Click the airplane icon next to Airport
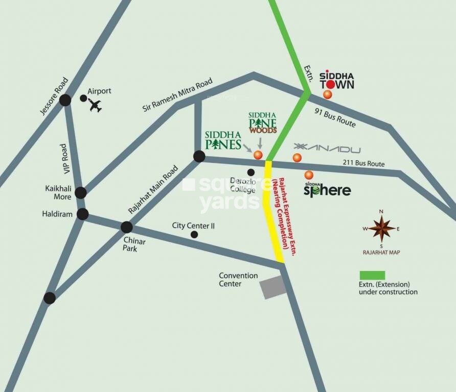point(95,106)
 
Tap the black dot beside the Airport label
point(83,98)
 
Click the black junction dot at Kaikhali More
point(80,192)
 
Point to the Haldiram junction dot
point(82,214)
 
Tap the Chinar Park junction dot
point(126,227)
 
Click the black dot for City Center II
point(194,234)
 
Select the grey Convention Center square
point(272,287)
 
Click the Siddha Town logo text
point(336,81)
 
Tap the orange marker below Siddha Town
point(328,94)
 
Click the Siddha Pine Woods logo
point(263,122)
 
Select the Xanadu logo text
point(327,149)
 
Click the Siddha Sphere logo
point(327,190)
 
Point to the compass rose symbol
point(381,228)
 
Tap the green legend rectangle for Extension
point(372,275)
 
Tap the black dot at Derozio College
point(251,172)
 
